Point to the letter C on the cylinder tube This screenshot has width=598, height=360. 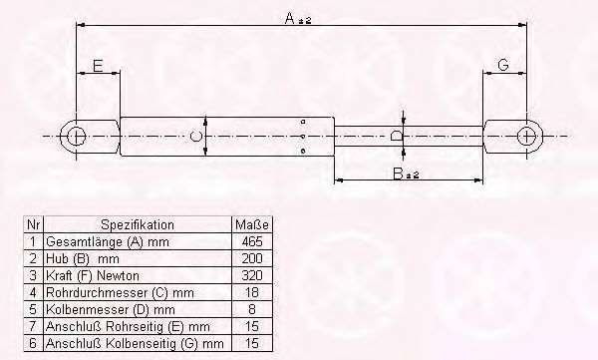coord(196,136)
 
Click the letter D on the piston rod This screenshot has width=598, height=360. coord(396,136)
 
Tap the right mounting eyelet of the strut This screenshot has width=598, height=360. coord(526,136)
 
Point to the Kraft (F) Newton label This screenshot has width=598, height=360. coord(91,275)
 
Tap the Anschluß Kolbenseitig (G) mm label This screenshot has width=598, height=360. coord(128,343)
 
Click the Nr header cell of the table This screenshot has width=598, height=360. coord(33,225)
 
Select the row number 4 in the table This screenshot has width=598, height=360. coord(33,292)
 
